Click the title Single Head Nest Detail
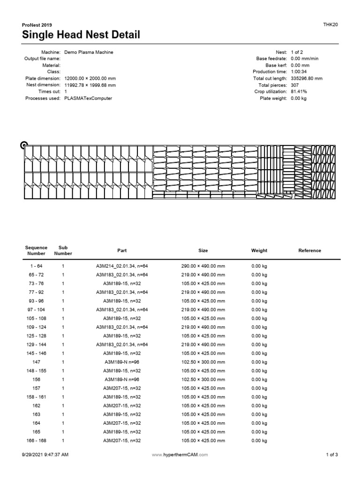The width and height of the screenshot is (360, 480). point(81,35)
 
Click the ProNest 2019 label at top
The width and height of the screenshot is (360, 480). point(37,25)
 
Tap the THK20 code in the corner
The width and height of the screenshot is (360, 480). point(330,24)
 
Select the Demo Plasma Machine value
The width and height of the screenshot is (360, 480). point(89,52)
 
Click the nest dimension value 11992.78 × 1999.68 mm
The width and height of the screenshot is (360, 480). point(90,85)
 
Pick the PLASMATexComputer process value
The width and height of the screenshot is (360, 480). point(88,98)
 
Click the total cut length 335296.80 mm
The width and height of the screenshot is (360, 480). point(307,78)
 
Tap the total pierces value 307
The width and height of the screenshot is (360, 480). point(295,85)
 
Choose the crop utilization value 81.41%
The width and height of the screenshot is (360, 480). point(299,92)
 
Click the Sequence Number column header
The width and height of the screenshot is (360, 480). point(37,250)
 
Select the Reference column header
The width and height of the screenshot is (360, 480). point(310,250)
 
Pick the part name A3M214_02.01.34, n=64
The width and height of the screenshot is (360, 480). point(122,266)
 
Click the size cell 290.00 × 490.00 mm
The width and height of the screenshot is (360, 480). point(203,266)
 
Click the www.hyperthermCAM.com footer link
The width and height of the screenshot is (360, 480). point(180,455)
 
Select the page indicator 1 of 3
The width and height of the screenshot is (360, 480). point(331,455)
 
